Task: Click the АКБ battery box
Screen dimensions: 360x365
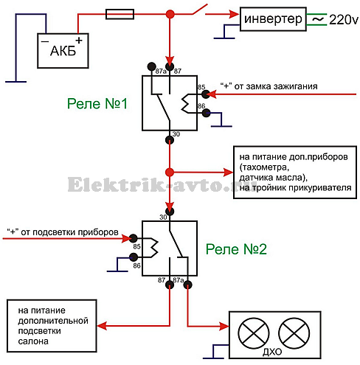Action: tap(63, 51)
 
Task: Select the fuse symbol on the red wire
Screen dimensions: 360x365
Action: tap(120, 14)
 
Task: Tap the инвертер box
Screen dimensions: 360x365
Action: tap(273, 19)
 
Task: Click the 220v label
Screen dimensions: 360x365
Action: tap(344, 20)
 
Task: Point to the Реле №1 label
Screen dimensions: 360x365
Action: tap(97, 103)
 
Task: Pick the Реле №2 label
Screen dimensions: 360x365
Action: tap(236, 249)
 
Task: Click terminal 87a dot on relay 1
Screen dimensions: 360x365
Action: tap(152, 66)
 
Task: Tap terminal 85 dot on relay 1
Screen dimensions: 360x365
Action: tap(206, 94)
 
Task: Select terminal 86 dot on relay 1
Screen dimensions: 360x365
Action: tap(207, 113)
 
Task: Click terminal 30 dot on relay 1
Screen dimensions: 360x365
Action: tap(170, 140)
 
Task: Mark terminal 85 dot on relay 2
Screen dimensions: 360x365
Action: tap(134, 238)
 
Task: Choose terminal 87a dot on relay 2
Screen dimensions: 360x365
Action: tap(188, 285)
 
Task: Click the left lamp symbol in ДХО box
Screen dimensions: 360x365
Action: tap(254, 333)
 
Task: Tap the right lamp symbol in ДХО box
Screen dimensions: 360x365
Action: tap(294, 333)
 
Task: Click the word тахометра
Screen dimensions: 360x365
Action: tap(264, 167)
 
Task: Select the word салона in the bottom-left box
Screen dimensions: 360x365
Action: tap(33, 341)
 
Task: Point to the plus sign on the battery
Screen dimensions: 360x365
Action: tap(79, 41)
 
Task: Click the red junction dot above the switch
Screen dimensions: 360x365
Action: tap(170, 14)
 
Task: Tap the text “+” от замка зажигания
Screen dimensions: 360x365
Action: tap(269, 86)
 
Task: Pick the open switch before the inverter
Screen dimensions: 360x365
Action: tap(200, 9)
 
